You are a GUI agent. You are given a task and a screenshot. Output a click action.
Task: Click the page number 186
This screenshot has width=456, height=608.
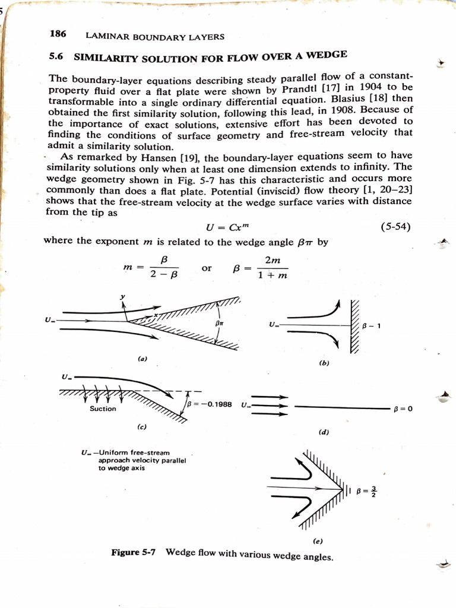pos(58,34)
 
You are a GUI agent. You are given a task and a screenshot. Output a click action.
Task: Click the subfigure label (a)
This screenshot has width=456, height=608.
pos(142,359)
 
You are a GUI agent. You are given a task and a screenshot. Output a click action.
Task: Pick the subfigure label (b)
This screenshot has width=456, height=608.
pos(324,362)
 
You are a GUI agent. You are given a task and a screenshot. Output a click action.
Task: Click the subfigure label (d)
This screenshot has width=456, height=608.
pos(324,432)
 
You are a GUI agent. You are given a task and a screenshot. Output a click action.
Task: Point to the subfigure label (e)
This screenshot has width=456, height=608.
pos(318,540)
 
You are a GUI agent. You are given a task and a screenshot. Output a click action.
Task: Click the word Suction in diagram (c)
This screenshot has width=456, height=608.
pos(103,408)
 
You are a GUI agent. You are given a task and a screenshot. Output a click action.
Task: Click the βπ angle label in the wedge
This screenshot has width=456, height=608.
pos(219,323)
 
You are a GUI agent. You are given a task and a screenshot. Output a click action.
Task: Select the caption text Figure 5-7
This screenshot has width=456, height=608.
pos(134,552)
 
